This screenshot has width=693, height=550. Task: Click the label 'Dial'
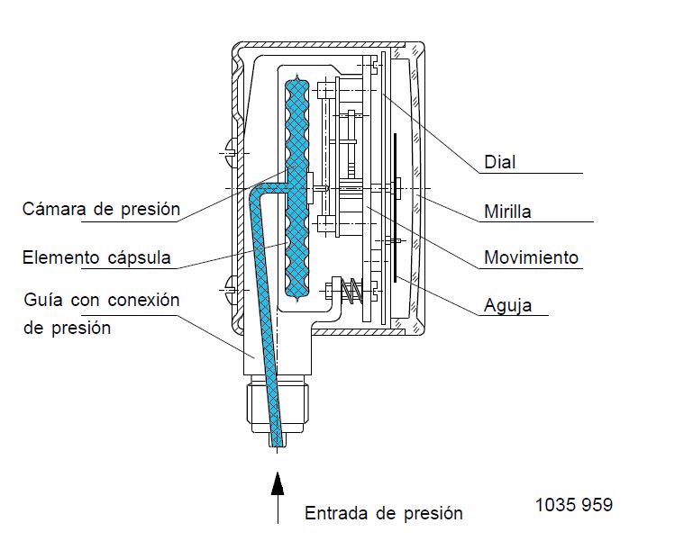pos(500,162)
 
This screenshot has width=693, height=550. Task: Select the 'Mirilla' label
pos(507,211)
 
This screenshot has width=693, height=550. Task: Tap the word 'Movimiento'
pos(532,257)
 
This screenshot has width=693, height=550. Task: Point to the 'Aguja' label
pos(508,305)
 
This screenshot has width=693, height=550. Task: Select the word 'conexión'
pos(143,300)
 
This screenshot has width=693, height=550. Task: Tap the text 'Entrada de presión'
pos(384,513)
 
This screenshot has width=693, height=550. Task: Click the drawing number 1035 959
pos(574,505)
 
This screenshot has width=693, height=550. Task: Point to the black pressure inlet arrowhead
pos(278,483)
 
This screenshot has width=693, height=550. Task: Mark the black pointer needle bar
pos(395,207)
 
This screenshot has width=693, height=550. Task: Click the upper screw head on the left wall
pos(232,153)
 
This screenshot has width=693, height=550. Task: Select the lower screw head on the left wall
pos(232,290)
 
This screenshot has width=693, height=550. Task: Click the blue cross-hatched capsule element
pos(296,189)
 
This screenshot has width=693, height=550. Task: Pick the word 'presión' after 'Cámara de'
pos(150,209)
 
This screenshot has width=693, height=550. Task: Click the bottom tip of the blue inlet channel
pos(278,446)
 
